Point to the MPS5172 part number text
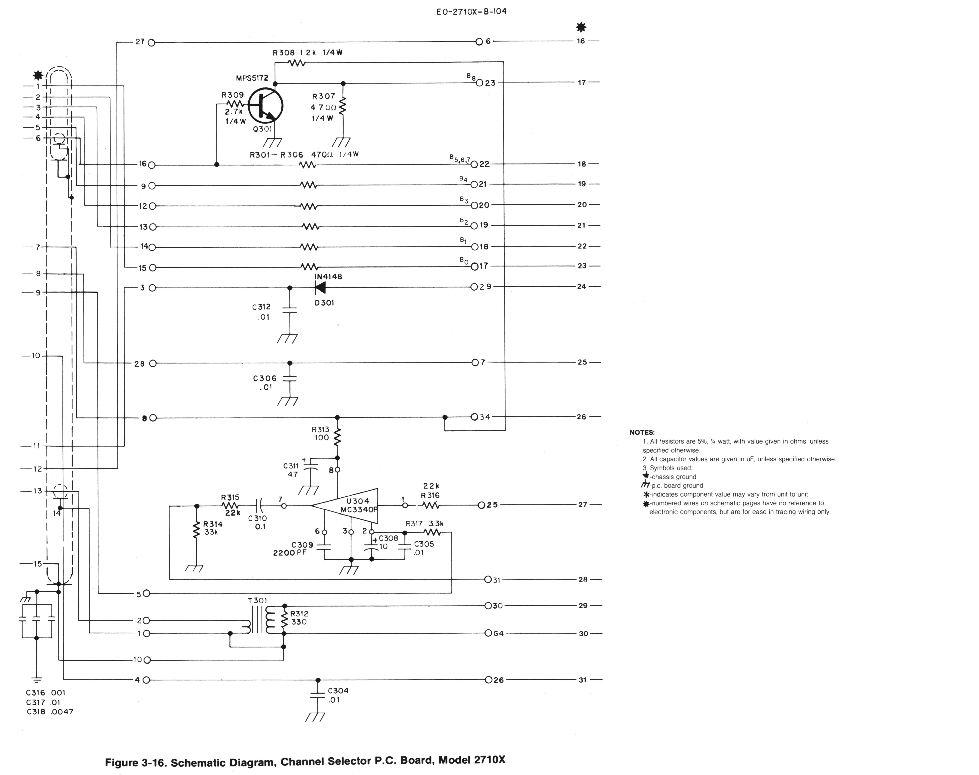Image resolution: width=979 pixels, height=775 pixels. click(x=252, y=78)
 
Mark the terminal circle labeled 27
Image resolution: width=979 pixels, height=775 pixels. click(x=152, y=43)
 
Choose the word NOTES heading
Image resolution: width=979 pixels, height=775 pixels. click(x=642, y=432)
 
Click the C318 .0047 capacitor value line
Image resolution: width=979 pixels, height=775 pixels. click(x=50, y=712)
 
